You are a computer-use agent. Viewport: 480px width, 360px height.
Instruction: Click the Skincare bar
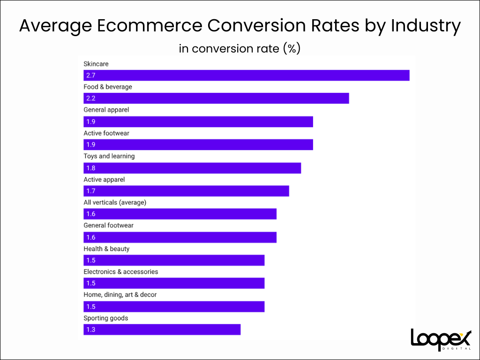(x=246, y=75)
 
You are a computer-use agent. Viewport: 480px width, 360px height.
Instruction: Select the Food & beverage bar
(x=216, y=98)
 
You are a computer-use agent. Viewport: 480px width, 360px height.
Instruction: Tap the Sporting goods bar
(x=162, y=330)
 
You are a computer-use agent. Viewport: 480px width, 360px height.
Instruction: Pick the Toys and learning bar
(x=192, y=168)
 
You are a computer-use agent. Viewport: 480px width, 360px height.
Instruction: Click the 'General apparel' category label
(x=106, y=110)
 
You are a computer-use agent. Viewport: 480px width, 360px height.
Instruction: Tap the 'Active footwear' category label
(x=106, y=133)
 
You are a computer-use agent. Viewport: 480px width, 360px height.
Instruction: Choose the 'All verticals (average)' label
(x=115, y=202)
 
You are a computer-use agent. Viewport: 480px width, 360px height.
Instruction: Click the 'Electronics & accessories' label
(x=121, y=272)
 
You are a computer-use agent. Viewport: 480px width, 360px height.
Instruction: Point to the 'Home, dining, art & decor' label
(x=120, y=295)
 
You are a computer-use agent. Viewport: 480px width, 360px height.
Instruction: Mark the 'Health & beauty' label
(x=106, y=249)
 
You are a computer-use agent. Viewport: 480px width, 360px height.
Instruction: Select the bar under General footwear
(x=180, y=237)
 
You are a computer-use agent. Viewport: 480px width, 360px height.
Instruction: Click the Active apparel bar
(x=186, y=191)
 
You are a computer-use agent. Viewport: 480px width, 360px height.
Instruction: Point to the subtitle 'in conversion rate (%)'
(x=240, y=48)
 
